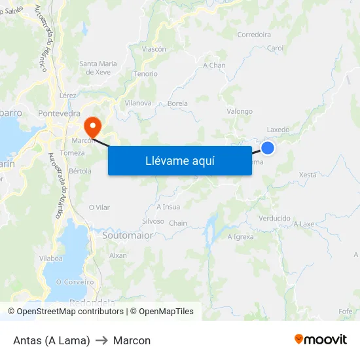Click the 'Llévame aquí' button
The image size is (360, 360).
[x=179, y=160]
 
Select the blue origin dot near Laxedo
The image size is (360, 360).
[x=267, y=148]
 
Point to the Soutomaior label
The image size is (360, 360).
[x=128, y=235]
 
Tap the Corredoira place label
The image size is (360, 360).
[x=254, y=35]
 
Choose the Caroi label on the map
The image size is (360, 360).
[x=275, y=48]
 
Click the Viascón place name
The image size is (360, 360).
[x=154, y=49]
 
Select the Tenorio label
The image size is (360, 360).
[x=145, y=74]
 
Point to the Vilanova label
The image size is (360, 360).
[x=138, y=103]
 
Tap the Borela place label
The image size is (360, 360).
[x=178, y=103]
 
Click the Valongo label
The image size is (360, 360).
[x=240, y=111]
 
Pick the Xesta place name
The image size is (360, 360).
[x=307, y=175]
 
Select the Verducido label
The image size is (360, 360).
[x=274, y=218]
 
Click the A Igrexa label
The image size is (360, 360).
[x=240, y=236]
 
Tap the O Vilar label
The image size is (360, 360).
[x=99, y=207]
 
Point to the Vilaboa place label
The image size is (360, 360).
[x=51, y=259]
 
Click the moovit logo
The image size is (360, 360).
[x=321, y=340]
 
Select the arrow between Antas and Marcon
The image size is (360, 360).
[x=101, y=340]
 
